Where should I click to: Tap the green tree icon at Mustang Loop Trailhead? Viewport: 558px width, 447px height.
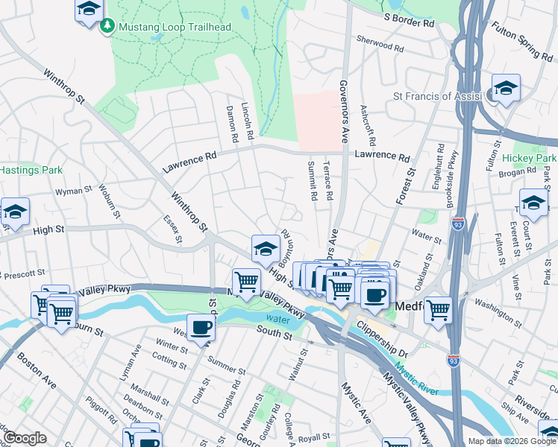coord(107,27)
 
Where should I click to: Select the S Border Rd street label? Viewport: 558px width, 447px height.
coord(409,19)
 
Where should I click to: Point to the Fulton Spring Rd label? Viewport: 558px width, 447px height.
coord(521,40)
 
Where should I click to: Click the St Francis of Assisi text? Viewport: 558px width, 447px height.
coord(438,96)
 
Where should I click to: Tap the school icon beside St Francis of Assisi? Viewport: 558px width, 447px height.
coord(506,89)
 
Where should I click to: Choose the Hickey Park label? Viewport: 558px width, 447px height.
coord(530,159)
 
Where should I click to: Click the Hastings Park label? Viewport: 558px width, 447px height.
coord(31,170)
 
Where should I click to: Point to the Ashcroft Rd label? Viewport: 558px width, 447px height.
coord(367,124)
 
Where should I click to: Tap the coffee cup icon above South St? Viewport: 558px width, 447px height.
coord(200,327)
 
